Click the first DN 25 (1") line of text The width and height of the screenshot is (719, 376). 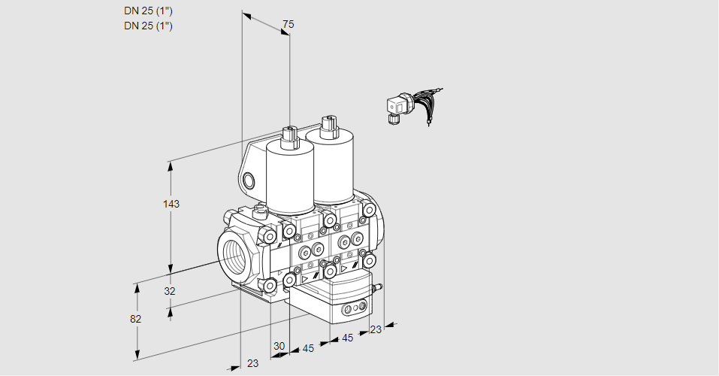[148, 11]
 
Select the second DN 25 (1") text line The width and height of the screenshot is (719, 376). [148, 26]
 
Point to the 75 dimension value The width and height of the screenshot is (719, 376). [288, 25]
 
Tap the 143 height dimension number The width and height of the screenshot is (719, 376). [173, 204]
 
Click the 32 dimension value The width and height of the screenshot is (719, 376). [169, 291]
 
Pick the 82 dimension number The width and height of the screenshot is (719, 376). [135, 319]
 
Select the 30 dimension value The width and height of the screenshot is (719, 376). [279, 346]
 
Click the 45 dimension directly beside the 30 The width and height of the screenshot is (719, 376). [308, 348]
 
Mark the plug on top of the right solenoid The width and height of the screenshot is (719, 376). [327, 126]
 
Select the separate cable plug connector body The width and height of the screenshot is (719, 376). [395, 108]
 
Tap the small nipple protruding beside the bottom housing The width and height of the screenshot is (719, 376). [378, 287]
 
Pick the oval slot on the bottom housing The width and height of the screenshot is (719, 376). [352, 309]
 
